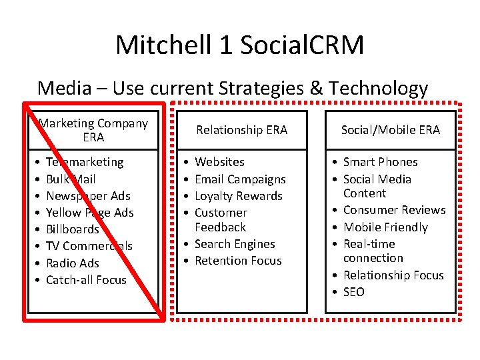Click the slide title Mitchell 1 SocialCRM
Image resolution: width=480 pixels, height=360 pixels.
[240, 45]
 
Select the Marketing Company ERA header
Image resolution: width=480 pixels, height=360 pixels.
[93, 130]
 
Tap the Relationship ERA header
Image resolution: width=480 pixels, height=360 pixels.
[241, 130]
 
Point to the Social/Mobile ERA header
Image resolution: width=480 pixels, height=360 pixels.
[391, 130]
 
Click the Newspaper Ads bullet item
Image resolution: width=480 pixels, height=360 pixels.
[88, 196]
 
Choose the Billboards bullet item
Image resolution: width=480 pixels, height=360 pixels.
[72, 229]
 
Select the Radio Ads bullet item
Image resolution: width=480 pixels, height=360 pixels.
[72, 263]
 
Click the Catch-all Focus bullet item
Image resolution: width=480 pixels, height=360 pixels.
[86, 280]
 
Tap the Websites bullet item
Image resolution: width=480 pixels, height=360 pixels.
[219, 162]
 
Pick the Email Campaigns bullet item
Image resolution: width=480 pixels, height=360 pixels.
[240, 179]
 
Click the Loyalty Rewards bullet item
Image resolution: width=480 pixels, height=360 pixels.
[239, 196]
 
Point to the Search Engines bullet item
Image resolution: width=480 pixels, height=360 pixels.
[235, 244]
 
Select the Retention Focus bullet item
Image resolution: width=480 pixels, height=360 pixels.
[238, 261]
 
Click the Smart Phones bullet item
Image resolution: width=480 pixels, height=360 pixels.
[380, 162]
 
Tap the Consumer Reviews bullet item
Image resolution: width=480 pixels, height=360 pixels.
[394, 210]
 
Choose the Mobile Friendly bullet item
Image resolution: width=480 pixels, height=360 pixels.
[385, 227]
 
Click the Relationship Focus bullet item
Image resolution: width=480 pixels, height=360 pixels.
[393, 275]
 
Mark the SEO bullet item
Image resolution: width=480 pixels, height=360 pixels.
[354, 292]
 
